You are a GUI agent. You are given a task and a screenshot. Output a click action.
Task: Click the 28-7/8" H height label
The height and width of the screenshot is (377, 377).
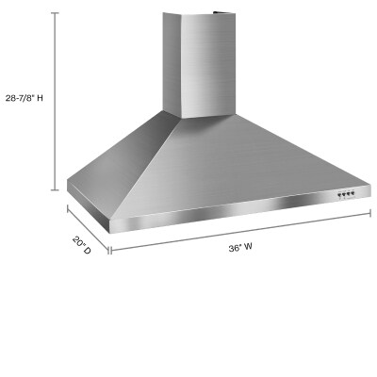pyautogui.click(x=28, y=97)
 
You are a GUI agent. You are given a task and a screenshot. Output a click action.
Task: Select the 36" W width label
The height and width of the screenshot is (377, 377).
pyautogui.click(x=240, y=248)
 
